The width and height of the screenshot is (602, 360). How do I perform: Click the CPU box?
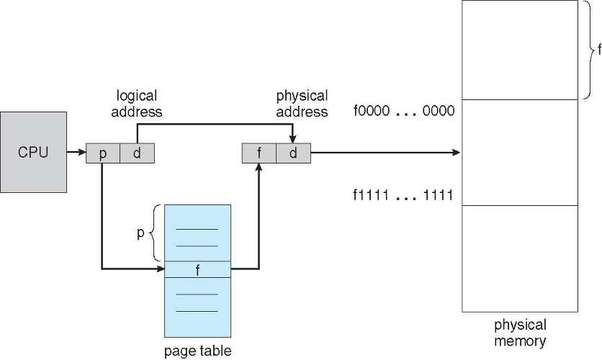coord(33,152)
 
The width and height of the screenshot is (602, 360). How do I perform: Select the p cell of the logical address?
coord(103,153)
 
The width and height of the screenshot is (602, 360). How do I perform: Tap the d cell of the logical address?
coord(138,153)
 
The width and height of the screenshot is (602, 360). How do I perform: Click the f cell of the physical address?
coord(259,153)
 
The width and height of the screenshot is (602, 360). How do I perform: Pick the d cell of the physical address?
coord(293,153)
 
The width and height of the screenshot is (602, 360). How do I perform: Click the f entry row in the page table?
coord(198,269)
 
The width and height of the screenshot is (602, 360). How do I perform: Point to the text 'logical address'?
coord(137,103)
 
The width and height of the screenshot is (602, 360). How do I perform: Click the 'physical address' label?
coord(302,103)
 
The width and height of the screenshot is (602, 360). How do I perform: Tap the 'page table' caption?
coord(198,351)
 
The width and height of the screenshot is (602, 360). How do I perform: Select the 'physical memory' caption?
coord(520,333)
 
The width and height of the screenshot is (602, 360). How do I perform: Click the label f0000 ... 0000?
coord(404,111)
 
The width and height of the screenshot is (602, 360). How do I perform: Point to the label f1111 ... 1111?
coord(403,195)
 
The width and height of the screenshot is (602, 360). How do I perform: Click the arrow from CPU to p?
coord(76,153)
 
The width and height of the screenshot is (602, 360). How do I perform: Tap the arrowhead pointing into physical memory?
coord(456,153)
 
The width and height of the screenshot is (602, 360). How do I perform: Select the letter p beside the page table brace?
coord(140,233)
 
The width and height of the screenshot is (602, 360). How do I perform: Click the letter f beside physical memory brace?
coord(599,50)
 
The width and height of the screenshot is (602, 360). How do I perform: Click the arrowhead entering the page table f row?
coord(161,269)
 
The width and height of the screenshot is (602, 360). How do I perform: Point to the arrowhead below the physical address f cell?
coord(259,167)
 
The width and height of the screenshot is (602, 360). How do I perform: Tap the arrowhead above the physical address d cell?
coord(292,139)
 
